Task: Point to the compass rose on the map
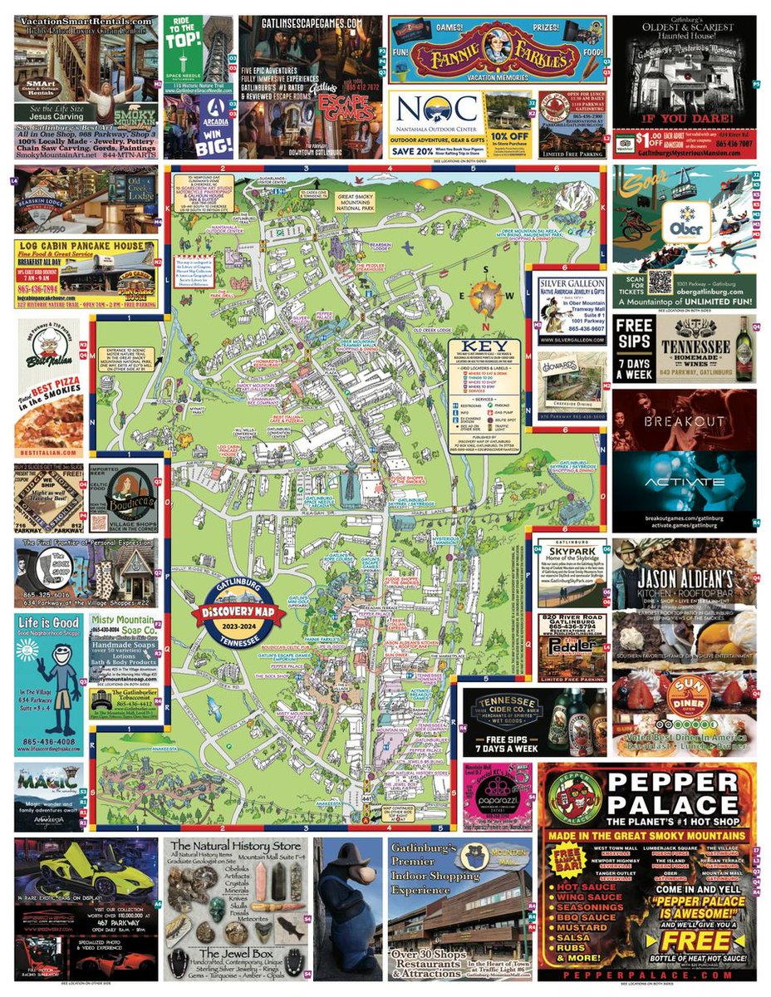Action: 487,297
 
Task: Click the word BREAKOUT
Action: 685,421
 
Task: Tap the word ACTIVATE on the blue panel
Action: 685,483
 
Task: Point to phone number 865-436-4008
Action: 47,741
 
